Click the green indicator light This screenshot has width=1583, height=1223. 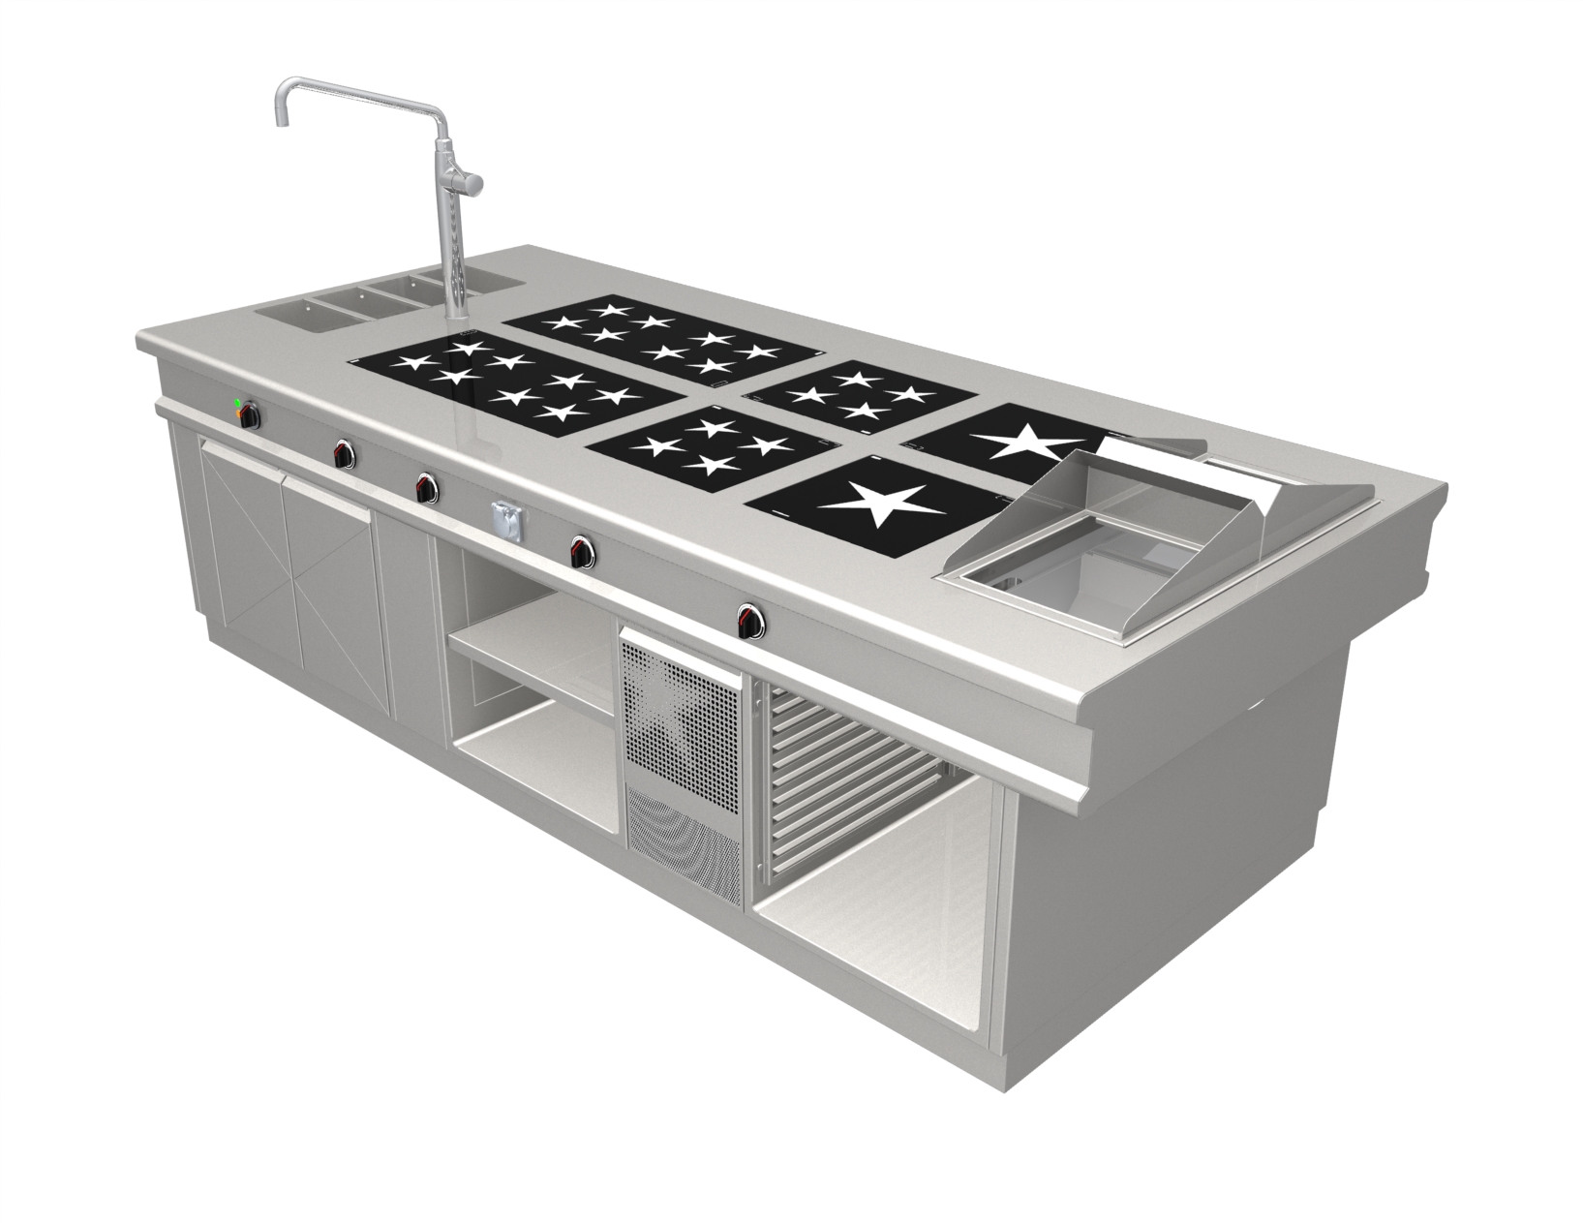[x=237, y=402]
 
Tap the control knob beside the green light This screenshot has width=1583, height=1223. [x=251, y=416]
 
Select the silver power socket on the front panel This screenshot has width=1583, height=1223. [x=505, y=519]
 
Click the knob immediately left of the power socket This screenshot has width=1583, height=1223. [x=425, y=488]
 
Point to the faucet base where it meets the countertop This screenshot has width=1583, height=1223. [x=454, y=316]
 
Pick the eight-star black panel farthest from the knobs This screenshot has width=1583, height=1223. [x=666, y=337]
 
